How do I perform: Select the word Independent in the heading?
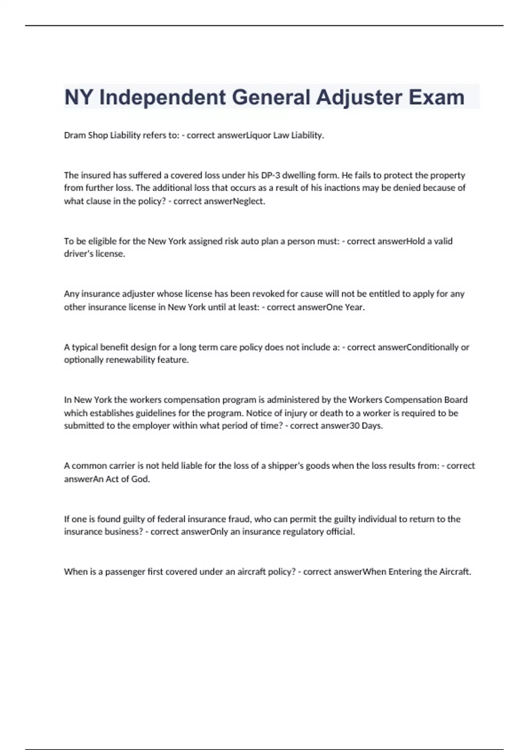(162, 97)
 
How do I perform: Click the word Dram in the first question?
(74, 135)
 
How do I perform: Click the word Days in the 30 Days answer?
(371, 426)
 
